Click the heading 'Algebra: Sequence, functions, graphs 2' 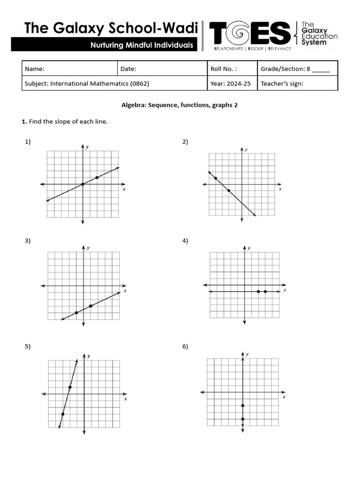pos(180,105)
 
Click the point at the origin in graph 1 pos(83,184)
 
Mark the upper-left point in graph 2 pos(215,178)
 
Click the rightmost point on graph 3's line pos(90,306)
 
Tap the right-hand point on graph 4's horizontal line pos(265,292)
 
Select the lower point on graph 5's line pos(63,414)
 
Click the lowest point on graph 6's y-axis pos(243,419)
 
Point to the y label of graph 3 pos(89,247)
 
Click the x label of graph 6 pos(284,397)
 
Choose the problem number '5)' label pos(28,346)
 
